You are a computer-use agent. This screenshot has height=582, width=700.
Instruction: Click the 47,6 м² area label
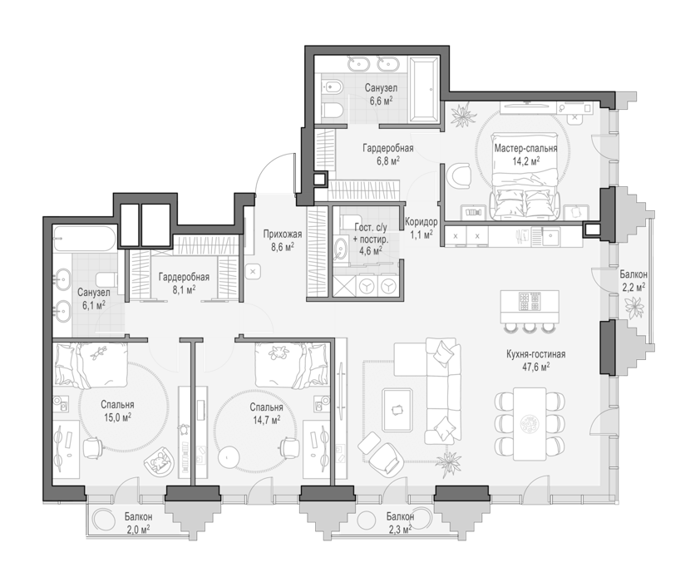(x=535, y=367)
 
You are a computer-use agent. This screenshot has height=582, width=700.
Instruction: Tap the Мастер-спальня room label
(x=525, y=148)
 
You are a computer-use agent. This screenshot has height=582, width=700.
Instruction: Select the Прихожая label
(x=282, y=234)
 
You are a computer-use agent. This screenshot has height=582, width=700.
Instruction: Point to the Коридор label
(x=421, y=221)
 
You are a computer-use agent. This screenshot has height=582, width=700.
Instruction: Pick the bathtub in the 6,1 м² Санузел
(x=85, y=239)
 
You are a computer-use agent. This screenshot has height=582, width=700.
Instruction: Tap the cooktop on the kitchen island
(x=529, y=301)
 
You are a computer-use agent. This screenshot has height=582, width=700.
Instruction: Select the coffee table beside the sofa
(x=397, y=410)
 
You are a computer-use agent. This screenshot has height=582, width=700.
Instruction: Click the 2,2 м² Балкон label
(x=633, y=281)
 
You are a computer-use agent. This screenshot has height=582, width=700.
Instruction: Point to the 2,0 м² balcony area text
(x=138, y=530)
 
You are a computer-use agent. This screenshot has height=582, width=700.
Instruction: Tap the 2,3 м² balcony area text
(x=400, y=530)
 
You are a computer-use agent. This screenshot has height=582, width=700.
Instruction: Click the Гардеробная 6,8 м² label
(x=387, y=154)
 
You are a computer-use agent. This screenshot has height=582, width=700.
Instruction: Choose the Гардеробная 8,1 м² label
(x=184, y=284)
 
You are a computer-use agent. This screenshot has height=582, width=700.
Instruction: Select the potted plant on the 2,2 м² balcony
(x=634, y=307)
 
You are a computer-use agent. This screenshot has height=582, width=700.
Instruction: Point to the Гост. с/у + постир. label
(x=370, y=239)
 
